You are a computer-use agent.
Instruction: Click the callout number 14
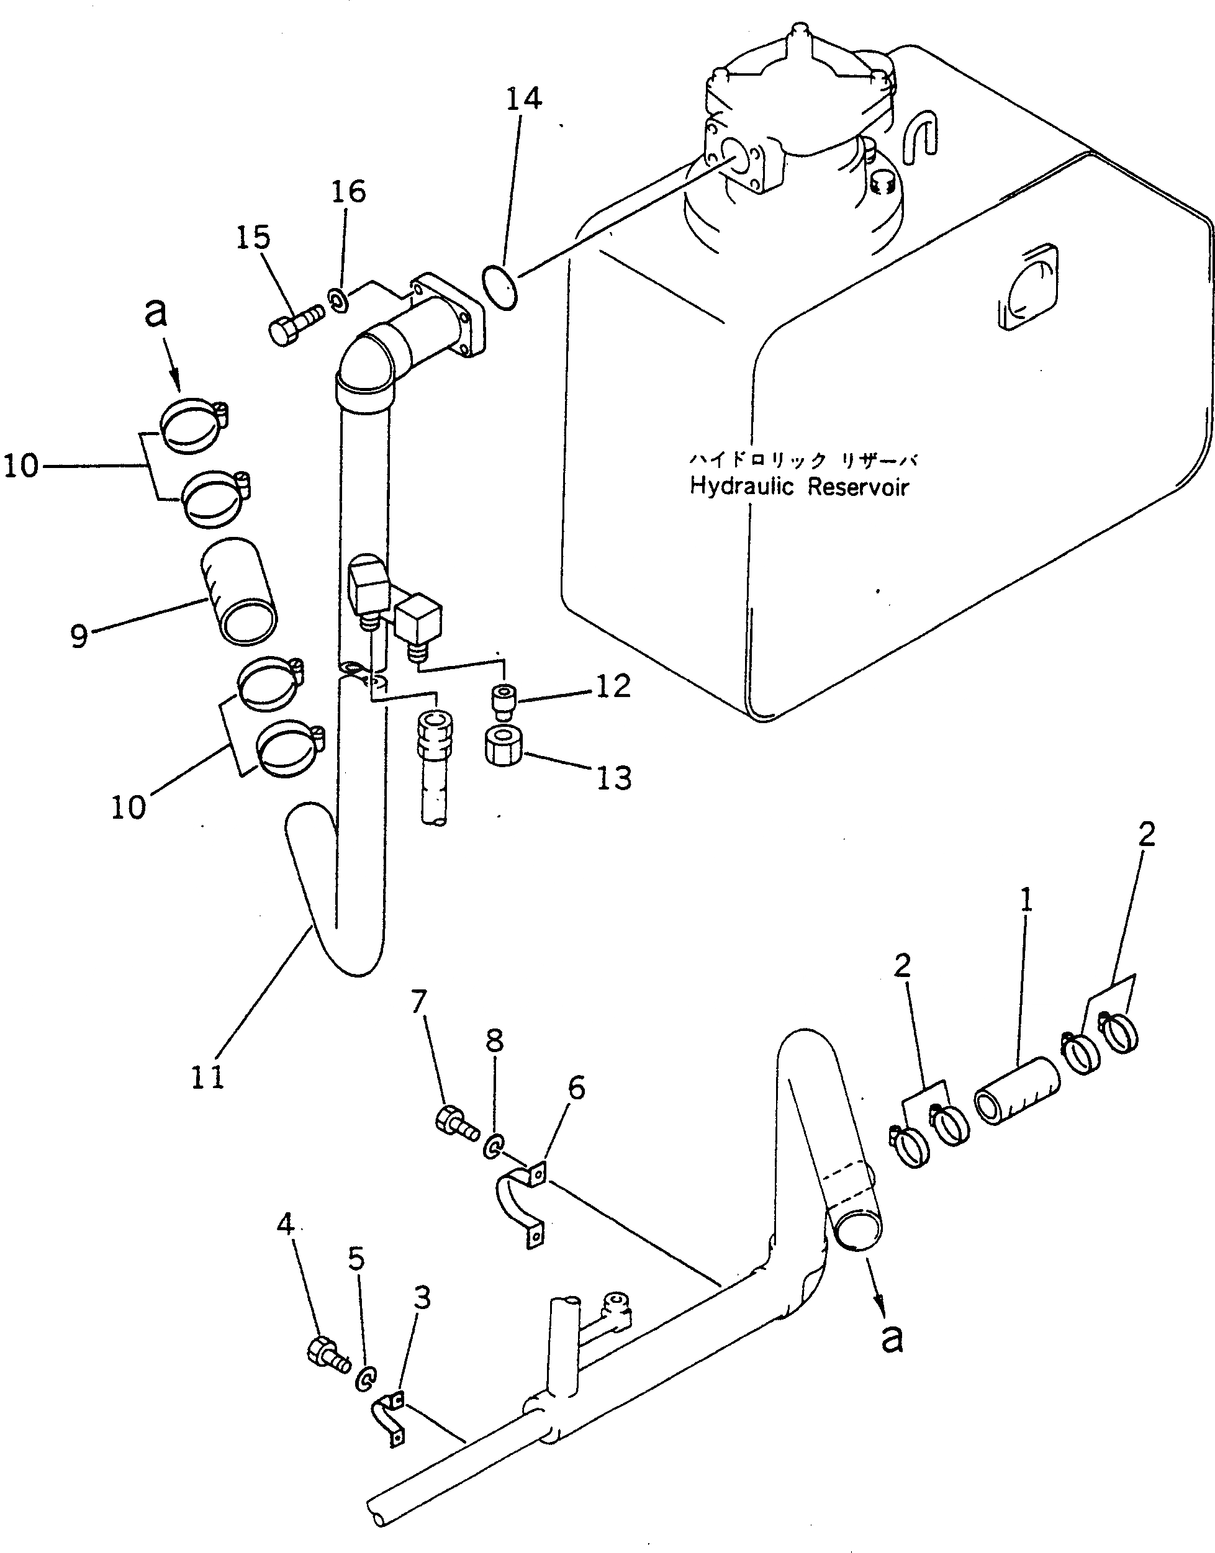(523, 99)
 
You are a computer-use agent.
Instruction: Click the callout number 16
(348, 191)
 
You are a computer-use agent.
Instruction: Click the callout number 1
(1025, 903)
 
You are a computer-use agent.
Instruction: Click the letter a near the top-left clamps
(156, 312)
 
